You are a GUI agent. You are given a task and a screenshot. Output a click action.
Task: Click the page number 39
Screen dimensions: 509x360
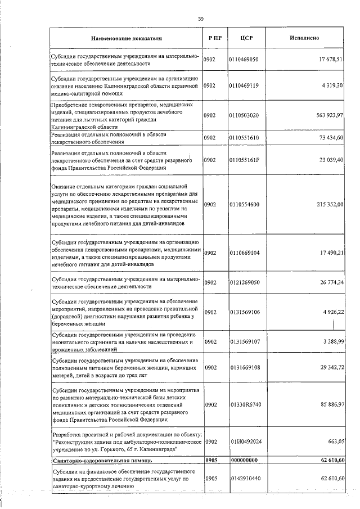click(x=200, y=19)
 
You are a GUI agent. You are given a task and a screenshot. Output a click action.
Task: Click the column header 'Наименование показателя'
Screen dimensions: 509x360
click(x=127, y=39)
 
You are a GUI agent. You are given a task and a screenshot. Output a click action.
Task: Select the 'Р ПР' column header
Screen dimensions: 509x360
click(x=214, y=39)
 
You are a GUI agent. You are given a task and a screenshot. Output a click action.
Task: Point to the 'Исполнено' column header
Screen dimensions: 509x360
click(x=305, y=39)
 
